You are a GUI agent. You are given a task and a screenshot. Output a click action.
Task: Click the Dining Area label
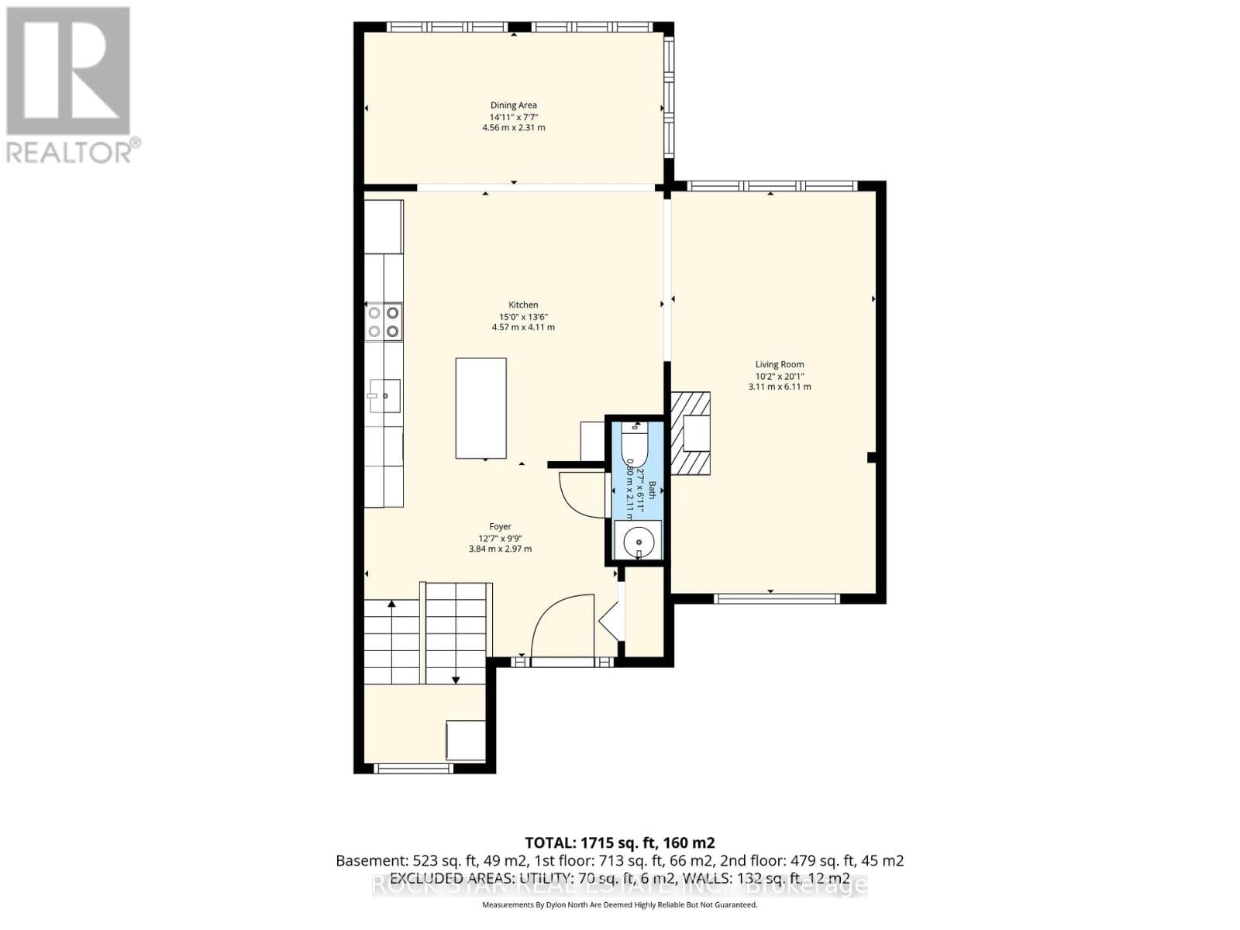click(513, 105)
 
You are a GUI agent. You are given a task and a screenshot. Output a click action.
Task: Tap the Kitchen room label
click(523, 305)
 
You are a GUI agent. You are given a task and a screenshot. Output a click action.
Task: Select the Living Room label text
click(780, 364)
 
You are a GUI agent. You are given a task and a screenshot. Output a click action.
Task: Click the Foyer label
click(500, 527)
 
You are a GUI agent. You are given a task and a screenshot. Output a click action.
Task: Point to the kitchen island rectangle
click(480, 408)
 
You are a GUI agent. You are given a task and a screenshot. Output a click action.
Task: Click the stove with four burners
click(384, 322)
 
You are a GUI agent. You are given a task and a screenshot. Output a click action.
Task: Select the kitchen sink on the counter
click(384, 395)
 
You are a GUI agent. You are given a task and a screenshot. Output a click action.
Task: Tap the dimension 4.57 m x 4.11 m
click(523, 327)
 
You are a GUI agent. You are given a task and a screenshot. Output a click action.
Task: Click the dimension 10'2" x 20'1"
click(780, 376)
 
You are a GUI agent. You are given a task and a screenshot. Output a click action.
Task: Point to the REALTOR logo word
click(70, 152)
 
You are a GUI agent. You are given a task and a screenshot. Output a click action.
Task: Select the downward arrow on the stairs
click(456, 679)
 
